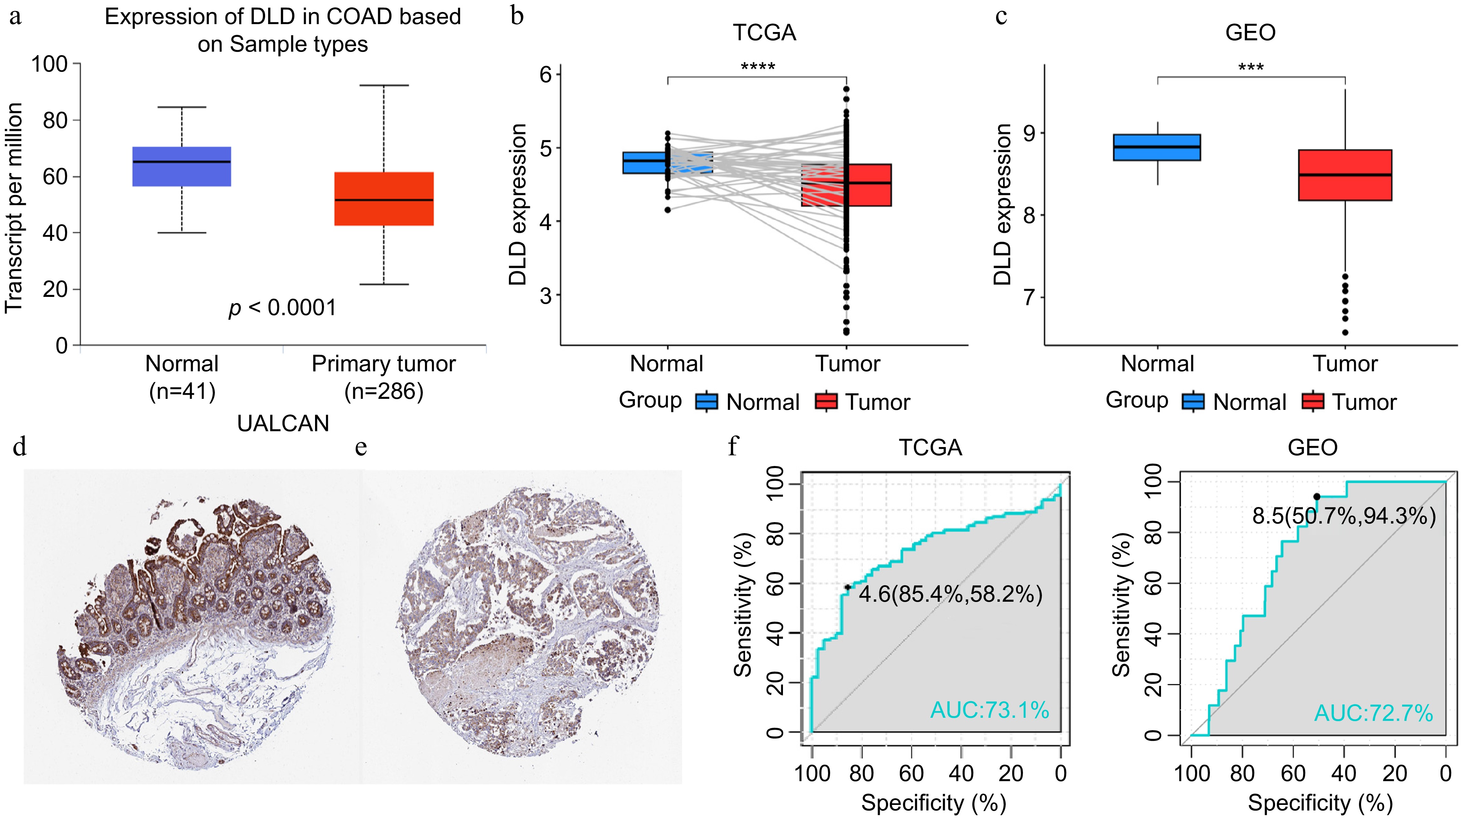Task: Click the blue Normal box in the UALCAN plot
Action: coord(182,167)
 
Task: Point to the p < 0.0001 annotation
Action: coord(282,308)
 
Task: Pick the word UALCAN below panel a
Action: coord(283,424)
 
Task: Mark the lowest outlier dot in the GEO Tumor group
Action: coord(1345,333)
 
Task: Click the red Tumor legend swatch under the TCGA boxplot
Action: coord(826,401)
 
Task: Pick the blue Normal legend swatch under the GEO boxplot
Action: coord(1193,401)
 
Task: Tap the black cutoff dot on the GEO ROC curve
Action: coord(1317,496)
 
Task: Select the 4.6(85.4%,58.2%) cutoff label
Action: coord(950,594)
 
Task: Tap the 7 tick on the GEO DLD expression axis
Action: coord(1030,297)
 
